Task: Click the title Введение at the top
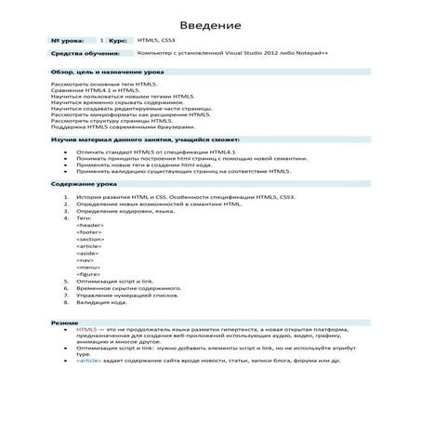click(211, 24)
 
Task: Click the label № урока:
click(68, 42)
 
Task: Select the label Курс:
click(118, 42)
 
